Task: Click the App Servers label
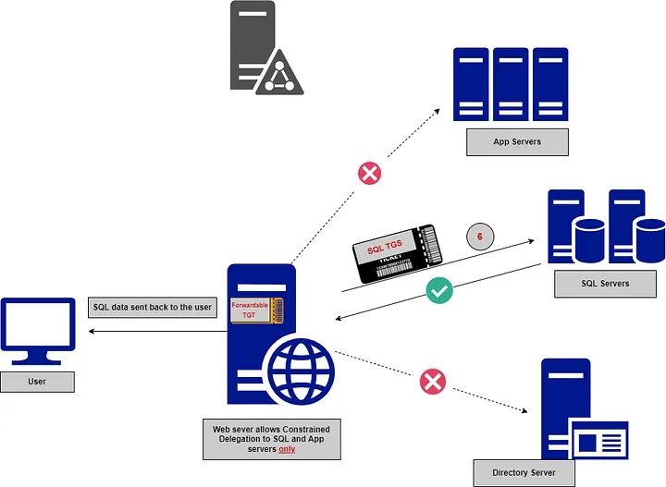tap(516, 142)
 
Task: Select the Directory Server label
tap(524, 472)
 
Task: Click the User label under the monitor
tap(37, 381)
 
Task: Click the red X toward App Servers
tap(370, 172)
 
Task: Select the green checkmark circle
tap(439, 291)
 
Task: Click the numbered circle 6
tap(479, 237)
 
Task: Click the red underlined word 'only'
tap(288, 451)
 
